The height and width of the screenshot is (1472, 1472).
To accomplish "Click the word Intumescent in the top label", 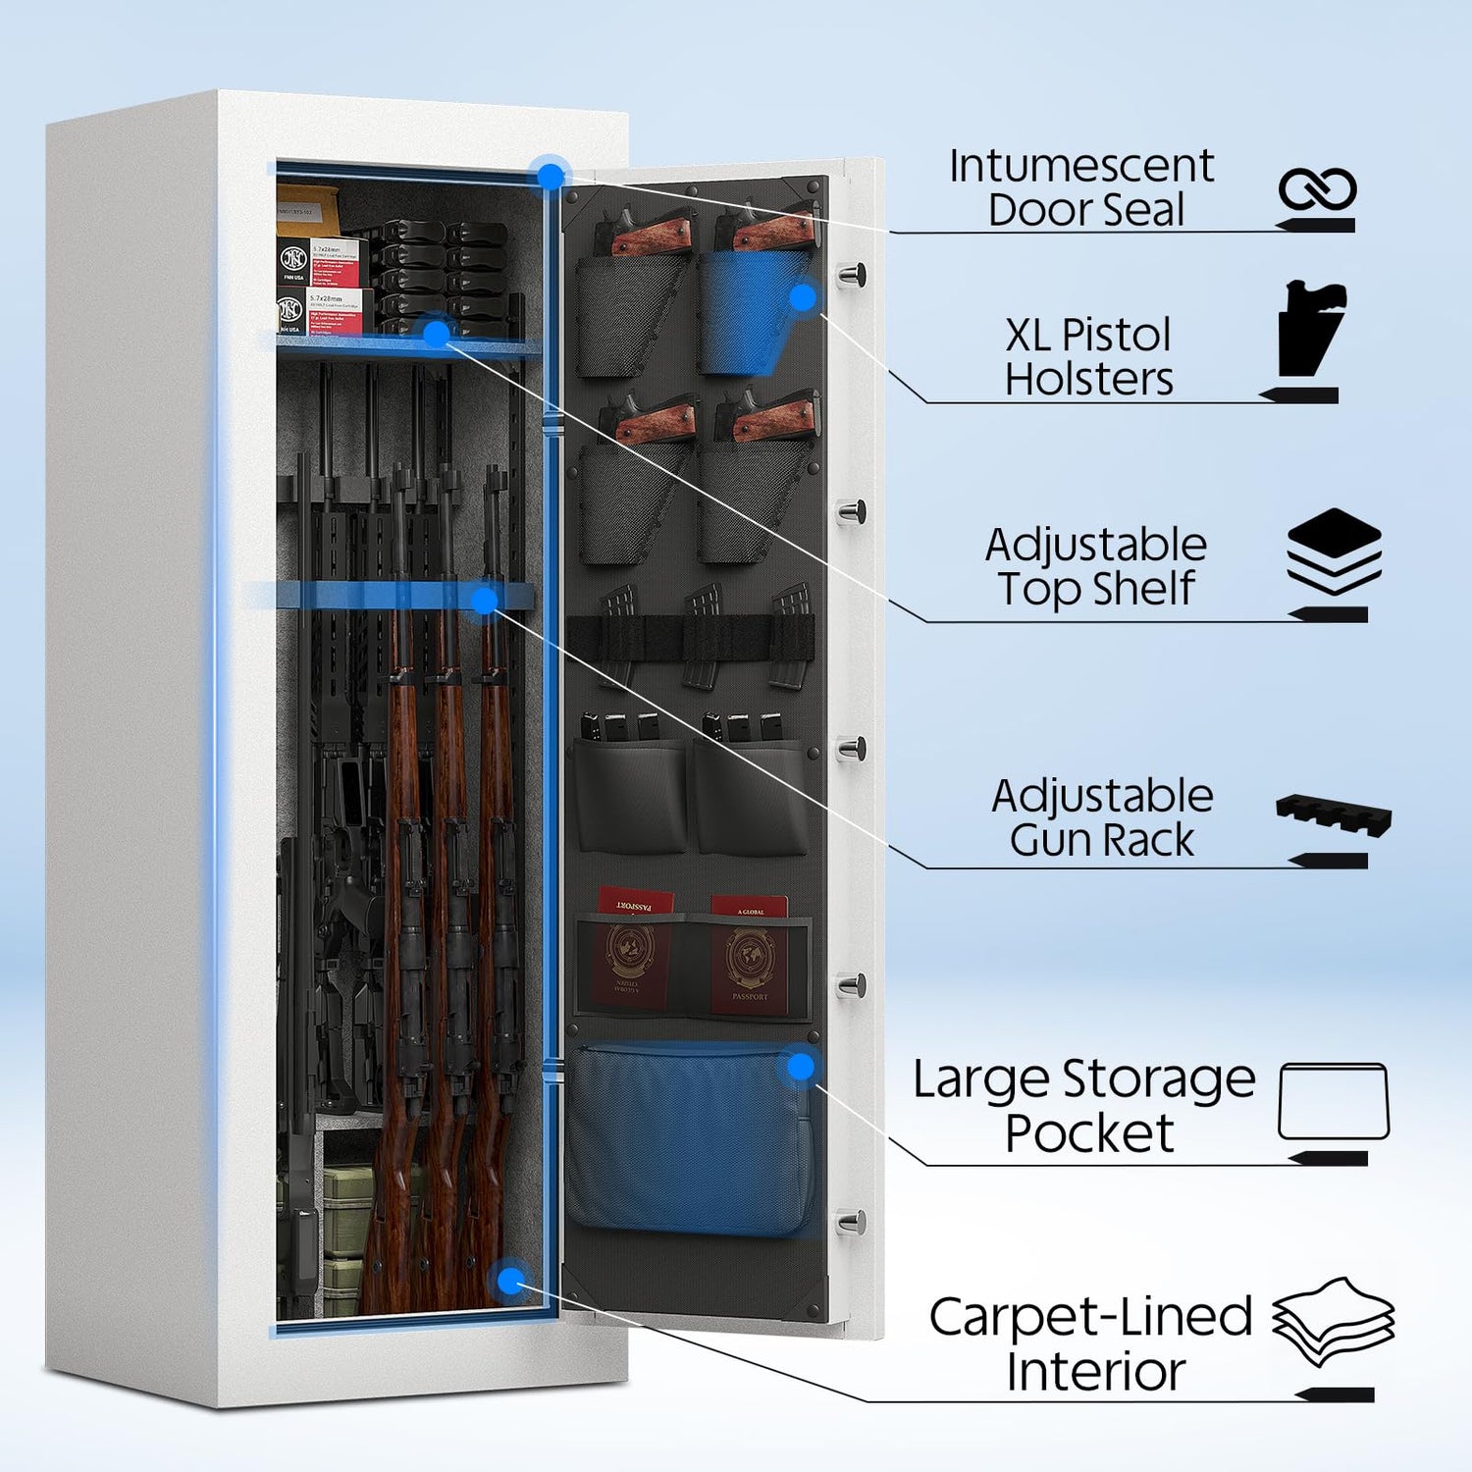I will click(1080, 167).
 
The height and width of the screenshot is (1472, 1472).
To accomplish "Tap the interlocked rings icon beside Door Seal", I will click(1317, 188).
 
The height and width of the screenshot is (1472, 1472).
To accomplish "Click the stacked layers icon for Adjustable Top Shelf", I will click(1334, 551).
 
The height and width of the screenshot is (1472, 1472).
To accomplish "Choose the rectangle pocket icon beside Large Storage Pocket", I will click(1334, 1101).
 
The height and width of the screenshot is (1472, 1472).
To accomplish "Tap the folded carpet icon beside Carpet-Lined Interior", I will click(1334, 1320).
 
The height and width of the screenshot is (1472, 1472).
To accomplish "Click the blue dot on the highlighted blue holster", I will click(803, 296).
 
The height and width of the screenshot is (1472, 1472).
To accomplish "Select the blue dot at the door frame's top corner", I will click(552, 177).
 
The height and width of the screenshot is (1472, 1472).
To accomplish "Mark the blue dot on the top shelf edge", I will click(436, 333).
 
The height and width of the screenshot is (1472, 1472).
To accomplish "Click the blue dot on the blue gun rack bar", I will click(485, 601).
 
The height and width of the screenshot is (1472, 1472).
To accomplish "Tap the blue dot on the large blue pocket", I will click(801, 1067).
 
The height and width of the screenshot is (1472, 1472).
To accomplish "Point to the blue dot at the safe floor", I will click(510, 1280).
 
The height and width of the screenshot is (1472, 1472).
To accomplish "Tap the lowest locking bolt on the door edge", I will click(851, 1223).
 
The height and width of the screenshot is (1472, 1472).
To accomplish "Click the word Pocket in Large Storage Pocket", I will click(1089, 1134).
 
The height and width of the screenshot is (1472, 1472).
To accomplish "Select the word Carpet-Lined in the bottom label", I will click(1090, 1317).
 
